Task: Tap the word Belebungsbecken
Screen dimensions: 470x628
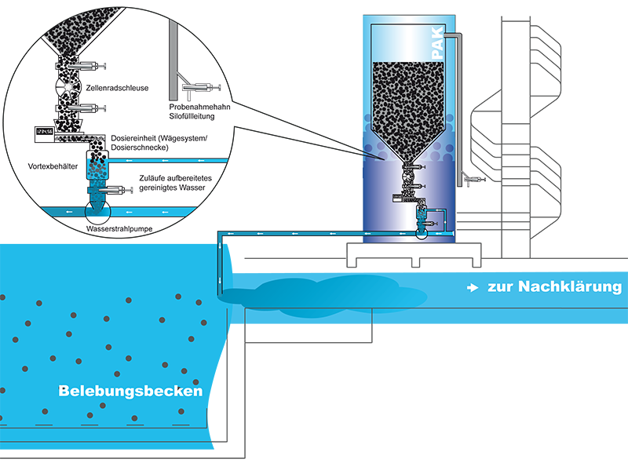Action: click(130, 391)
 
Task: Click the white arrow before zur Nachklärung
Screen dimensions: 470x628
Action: click(473, 288)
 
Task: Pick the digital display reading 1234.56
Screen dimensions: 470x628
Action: click(49, 134)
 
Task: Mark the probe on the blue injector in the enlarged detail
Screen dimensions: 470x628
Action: click(117, 190)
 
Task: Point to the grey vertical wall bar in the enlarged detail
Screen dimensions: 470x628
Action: click(170, 59)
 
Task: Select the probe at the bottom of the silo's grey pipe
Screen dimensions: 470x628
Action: click(473, 180)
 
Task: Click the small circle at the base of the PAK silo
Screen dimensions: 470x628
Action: click(422, 231)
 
